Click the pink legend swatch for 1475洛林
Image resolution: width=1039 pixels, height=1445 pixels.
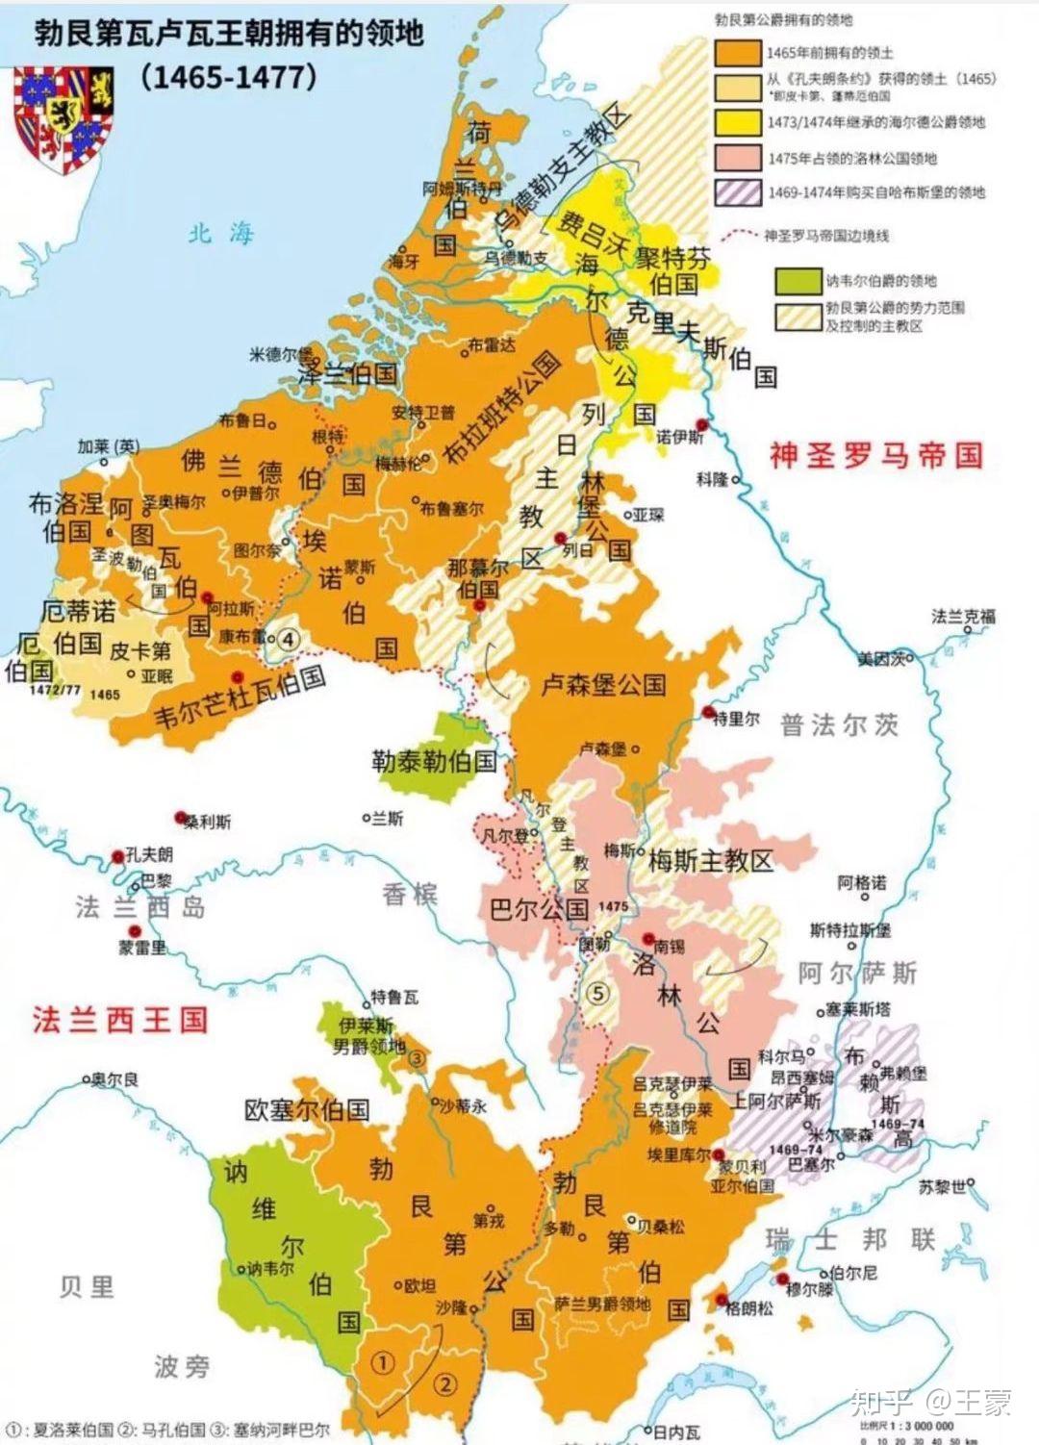click(x=738, y=158)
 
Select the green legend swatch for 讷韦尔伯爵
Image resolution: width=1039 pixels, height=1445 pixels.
click(x=798, y=280)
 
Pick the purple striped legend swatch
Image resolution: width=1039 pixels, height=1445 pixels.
click(x=738, y=191)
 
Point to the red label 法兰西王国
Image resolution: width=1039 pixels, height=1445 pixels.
click(x=120, y=1020)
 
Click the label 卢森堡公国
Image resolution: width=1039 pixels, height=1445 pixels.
click(x=603, y=684)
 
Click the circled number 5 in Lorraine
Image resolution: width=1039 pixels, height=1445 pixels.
click(x=597, y=991)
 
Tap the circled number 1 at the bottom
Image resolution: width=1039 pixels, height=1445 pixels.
click(x=383, y=1362)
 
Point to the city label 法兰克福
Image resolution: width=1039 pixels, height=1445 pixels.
click(x=963, y=617)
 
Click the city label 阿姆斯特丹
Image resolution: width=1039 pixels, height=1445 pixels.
click(x=463, y=189)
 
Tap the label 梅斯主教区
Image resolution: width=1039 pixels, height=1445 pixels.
click(x=710, y=861)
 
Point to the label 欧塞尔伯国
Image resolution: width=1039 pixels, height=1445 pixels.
click(x=307, y=1109)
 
